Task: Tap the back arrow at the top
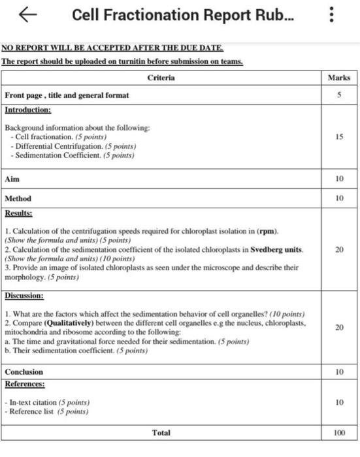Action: point(27,15)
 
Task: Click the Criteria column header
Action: point(161,78)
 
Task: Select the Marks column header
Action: point(338,78)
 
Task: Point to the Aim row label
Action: point(12,178)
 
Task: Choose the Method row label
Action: point(18,198)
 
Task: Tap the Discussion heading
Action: point(24,296)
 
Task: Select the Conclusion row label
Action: point(24,371)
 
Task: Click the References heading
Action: point(24,384)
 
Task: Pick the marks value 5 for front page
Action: point(338,95)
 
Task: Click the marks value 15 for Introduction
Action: point(338,138)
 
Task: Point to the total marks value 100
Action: point(338,432)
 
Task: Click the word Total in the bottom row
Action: point(161,432)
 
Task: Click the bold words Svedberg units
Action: point(276,249)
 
